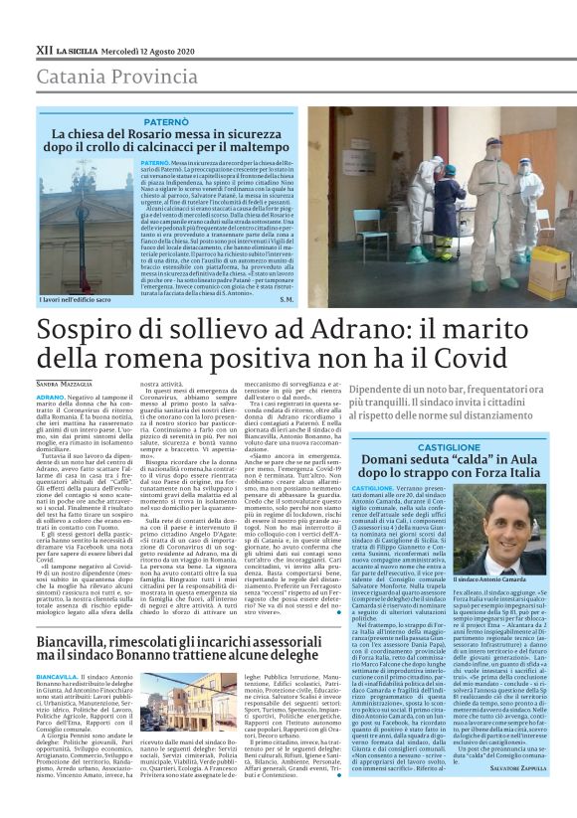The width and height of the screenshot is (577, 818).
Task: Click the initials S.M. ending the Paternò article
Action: [287, 298]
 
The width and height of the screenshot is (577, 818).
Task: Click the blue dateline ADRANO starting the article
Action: [50, 396]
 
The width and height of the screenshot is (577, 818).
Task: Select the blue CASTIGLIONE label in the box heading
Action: [448, 448]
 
